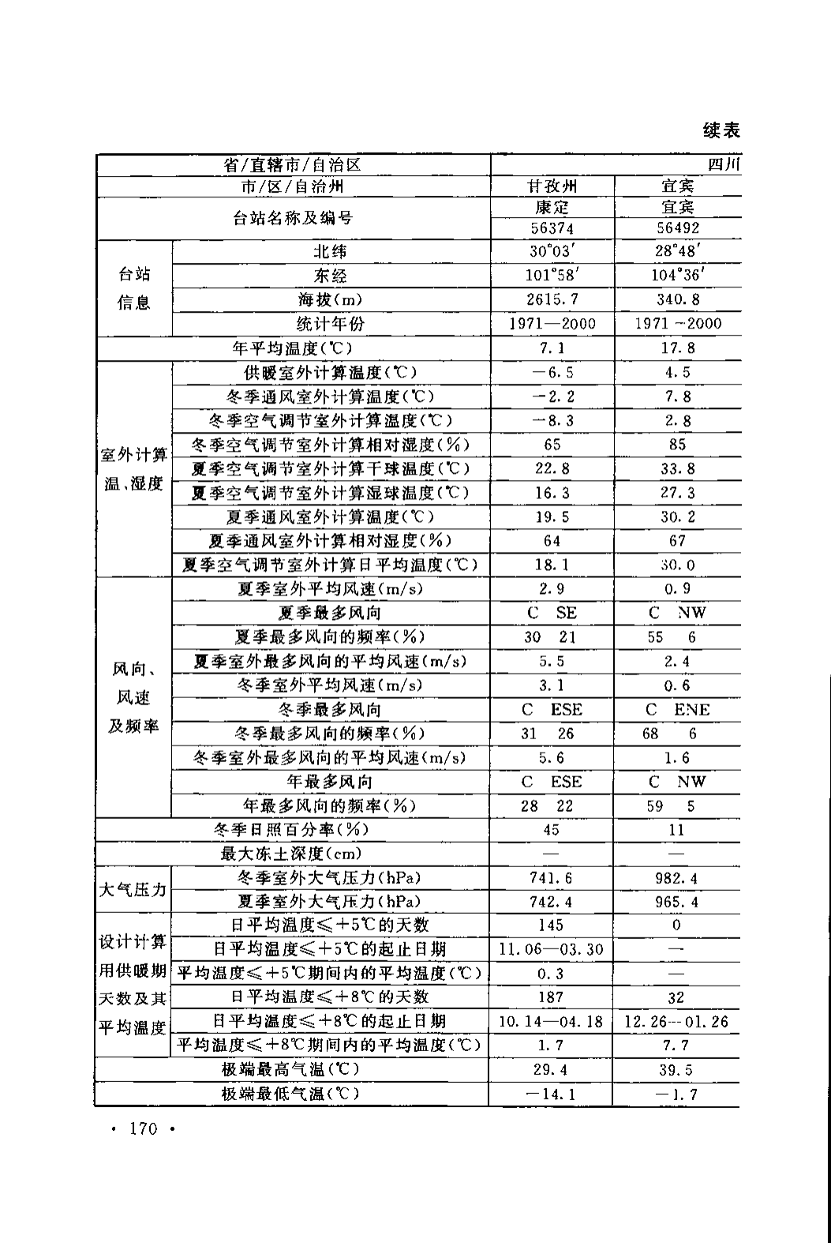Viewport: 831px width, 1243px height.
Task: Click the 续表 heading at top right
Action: (x=721, y=130)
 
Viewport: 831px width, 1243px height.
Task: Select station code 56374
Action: (x=552, y=228)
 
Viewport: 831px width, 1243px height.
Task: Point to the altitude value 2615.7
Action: (x=552, y=299)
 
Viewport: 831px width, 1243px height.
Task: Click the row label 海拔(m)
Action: (x=331, y=299)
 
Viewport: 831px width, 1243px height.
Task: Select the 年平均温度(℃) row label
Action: (x=293, y=347)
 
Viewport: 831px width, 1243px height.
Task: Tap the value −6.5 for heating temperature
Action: (x=552, y=372)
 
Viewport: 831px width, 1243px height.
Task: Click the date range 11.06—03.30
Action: (x=552, y=949)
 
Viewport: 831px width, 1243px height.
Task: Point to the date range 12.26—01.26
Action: (x=677, y=1021)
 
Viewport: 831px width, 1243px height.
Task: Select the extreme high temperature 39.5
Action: (x=677, y=1070)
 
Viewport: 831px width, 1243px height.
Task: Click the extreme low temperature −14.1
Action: (x=552, y=1095)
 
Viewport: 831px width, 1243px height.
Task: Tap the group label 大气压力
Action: (x=133, y=889)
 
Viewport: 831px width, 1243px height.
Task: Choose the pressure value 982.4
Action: (x=677, y=878)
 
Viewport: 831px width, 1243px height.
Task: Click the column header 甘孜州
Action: (x=552, y=186)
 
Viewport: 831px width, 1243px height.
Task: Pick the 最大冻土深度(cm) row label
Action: (x=291, y=854)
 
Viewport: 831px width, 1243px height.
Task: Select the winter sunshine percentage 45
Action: (x=552, y=830)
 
